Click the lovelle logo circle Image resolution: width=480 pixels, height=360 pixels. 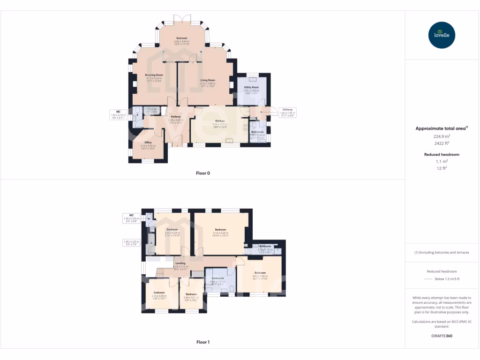coord(442,35)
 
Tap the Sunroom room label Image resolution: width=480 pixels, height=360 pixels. coord(182,37)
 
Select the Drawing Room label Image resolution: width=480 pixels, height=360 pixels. coord(154,75)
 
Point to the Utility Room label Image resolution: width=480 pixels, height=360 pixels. coord(251,87)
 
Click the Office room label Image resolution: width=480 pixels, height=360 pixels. coord(148,142)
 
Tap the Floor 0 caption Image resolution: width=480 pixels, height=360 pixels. coord(203,173)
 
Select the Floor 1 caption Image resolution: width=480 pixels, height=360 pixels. coord(203,342)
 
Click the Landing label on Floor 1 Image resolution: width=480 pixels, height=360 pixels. coord(180,263)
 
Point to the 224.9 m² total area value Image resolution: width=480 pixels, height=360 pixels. coord(442,136)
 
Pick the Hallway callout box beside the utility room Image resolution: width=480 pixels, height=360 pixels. coord(287,112)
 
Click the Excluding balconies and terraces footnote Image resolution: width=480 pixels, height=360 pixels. coord(442,252)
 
